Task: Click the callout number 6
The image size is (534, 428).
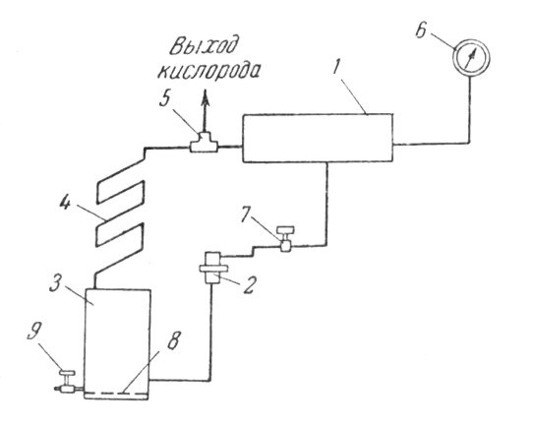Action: pyautogui.click(x=421, y=31)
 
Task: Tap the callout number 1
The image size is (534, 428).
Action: pyautogui.click(x=336, y=67)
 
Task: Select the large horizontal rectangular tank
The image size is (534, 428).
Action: pyautogui.click(x=317, y=138)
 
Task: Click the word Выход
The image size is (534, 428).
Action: pyautogui.click(x=203, y=44)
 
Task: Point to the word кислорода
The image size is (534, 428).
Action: pyautogui.click(x=208, y=71)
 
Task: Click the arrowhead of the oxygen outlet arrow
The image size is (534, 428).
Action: pyautogui.click(x=206, y=97)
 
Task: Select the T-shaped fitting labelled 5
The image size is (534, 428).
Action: pyautogui.click(x=204, y=143)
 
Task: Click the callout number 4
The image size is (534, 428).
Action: pyautogui.click(x=65, y=203)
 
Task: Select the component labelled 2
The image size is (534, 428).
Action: pyautogui.click(x=213, y=268)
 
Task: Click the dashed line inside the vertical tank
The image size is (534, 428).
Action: pyautogui.click(x=116, y=394)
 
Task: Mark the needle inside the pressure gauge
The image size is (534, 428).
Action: pyautogui.click(x=470, y=57)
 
